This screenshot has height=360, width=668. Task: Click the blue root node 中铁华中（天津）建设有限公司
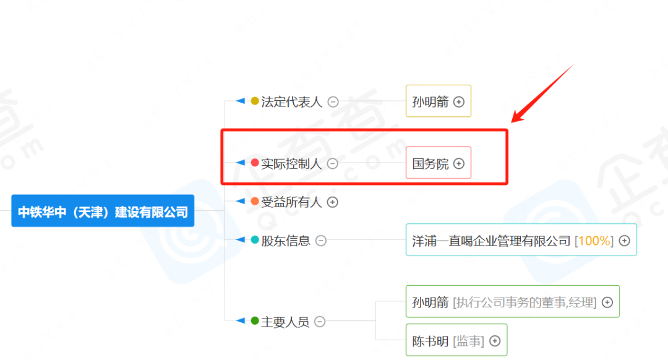pyautogui.click(x=103, y=212)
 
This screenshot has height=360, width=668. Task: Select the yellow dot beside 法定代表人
pyautogui.click(x=255, y=101)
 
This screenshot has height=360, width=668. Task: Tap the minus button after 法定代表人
pyautogui.click(x=333, y=102)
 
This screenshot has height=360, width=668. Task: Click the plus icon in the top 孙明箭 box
pyautogui.click(x=459, y=102)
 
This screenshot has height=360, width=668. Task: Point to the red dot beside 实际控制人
pyautogui.click(x=255, y=163)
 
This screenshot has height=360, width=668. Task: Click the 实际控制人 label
pyautogui.click(x=291, y=164)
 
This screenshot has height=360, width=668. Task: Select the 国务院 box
pyautogui.click(x=438, y=163)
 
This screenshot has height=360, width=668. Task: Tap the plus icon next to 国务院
pyautogui.click(x=458, y=164)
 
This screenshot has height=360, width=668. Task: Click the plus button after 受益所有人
pyautogui.click(x=333, y=202)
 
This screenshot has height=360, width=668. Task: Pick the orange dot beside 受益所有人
pyautogui.click(x=255, y=201)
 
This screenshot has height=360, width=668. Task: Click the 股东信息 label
pyautogui.click(x=286, y=241)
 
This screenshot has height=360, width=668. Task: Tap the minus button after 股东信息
pyautogui.click(x=320, y=241)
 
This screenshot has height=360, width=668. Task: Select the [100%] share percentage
pyautogui.click(x=594, y=241)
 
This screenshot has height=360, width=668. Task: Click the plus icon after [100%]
pyautogui.click(x=625, y=241)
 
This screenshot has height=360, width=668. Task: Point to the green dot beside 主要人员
pyautogui.click(x=255, y=321)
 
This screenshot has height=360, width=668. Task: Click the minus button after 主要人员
pyautogui.click(x=320, y=322)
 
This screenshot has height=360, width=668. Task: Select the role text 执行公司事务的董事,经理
pyautogui.click(x=525, y=302)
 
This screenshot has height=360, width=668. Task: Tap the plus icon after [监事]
pyautogui.click(x=495, y=341)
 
